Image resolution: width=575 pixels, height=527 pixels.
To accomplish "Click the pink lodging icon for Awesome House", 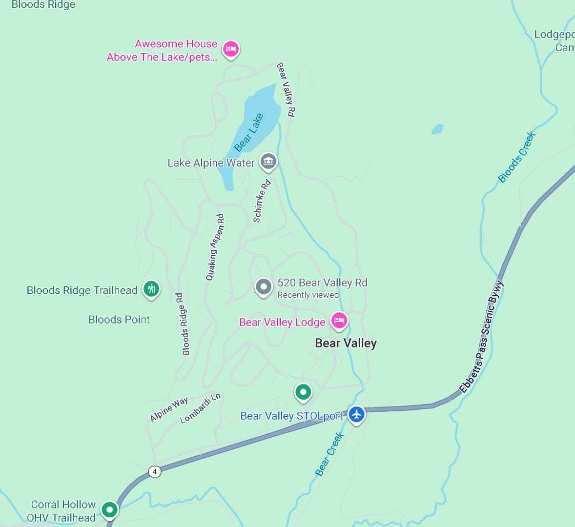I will pyautogui.click(x=231, y=49).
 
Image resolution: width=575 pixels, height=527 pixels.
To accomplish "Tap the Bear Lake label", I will pyautogui.click(x=249, y=132).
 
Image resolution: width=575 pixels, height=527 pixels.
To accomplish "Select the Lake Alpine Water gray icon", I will pyautogui.click(x=268, y=161).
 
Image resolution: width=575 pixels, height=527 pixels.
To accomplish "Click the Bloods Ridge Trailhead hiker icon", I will pyautogui.click(x=151, y=289).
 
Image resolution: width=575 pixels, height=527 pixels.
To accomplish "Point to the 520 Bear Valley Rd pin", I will pyautogui.click(x=264, y=287).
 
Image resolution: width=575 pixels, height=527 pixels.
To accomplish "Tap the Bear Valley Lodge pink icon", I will pyautogui.click(x=339, y=321).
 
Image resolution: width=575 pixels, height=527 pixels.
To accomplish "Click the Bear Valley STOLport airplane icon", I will pyautogui.click(x=357, y=415).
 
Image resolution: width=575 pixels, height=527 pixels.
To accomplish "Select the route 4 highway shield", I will pyautogui.click(x=154, y=471).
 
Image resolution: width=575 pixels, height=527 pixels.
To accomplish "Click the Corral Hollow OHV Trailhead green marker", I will pyautogui.click(x=110, y=510).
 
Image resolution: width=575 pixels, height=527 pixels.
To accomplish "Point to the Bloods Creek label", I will pyautogui.click(x=517, y=157).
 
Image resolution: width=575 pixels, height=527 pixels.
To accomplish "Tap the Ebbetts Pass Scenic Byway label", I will pyautogui.click(x=482, y=337).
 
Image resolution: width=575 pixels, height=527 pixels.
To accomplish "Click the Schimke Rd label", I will pyautogui.click(x=262, y=202).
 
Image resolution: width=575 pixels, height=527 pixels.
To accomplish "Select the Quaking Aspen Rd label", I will pyautogui.click(x=215, y=247).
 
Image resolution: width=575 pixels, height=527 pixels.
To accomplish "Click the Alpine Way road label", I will pyautogui.click(x=169, y=409).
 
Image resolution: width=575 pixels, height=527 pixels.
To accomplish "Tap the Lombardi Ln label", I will pyautogui.click(x=201, y=408).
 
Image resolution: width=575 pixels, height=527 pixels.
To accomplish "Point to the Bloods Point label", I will pyautogui.click(x=119, y=320).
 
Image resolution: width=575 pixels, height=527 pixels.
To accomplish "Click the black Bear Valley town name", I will pyautogui.click(x=346, y=343).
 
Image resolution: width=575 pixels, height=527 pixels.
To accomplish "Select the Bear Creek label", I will pyautogui.click(x=330, y=454).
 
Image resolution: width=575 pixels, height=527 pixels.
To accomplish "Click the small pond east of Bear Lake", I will pyautogui.click(x=437, y=129).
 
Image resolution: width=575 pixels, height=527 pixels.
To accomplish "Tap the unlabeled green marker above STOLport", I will pyautogui.click(x=303, y=392).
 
